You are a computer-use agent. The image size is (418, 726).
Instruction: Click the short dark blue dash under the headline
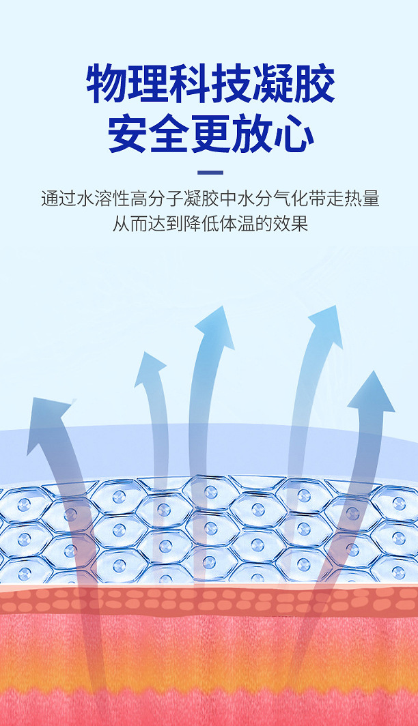point(210,173)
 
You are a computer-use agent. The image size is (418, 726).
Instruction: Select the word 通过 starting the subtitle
point(57,199)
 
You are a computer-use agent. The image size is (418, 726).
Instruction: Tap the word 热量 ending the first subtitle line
point(362,199)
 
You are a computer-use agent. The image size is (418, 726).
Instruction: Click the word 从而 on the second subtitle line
point(128,224)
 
